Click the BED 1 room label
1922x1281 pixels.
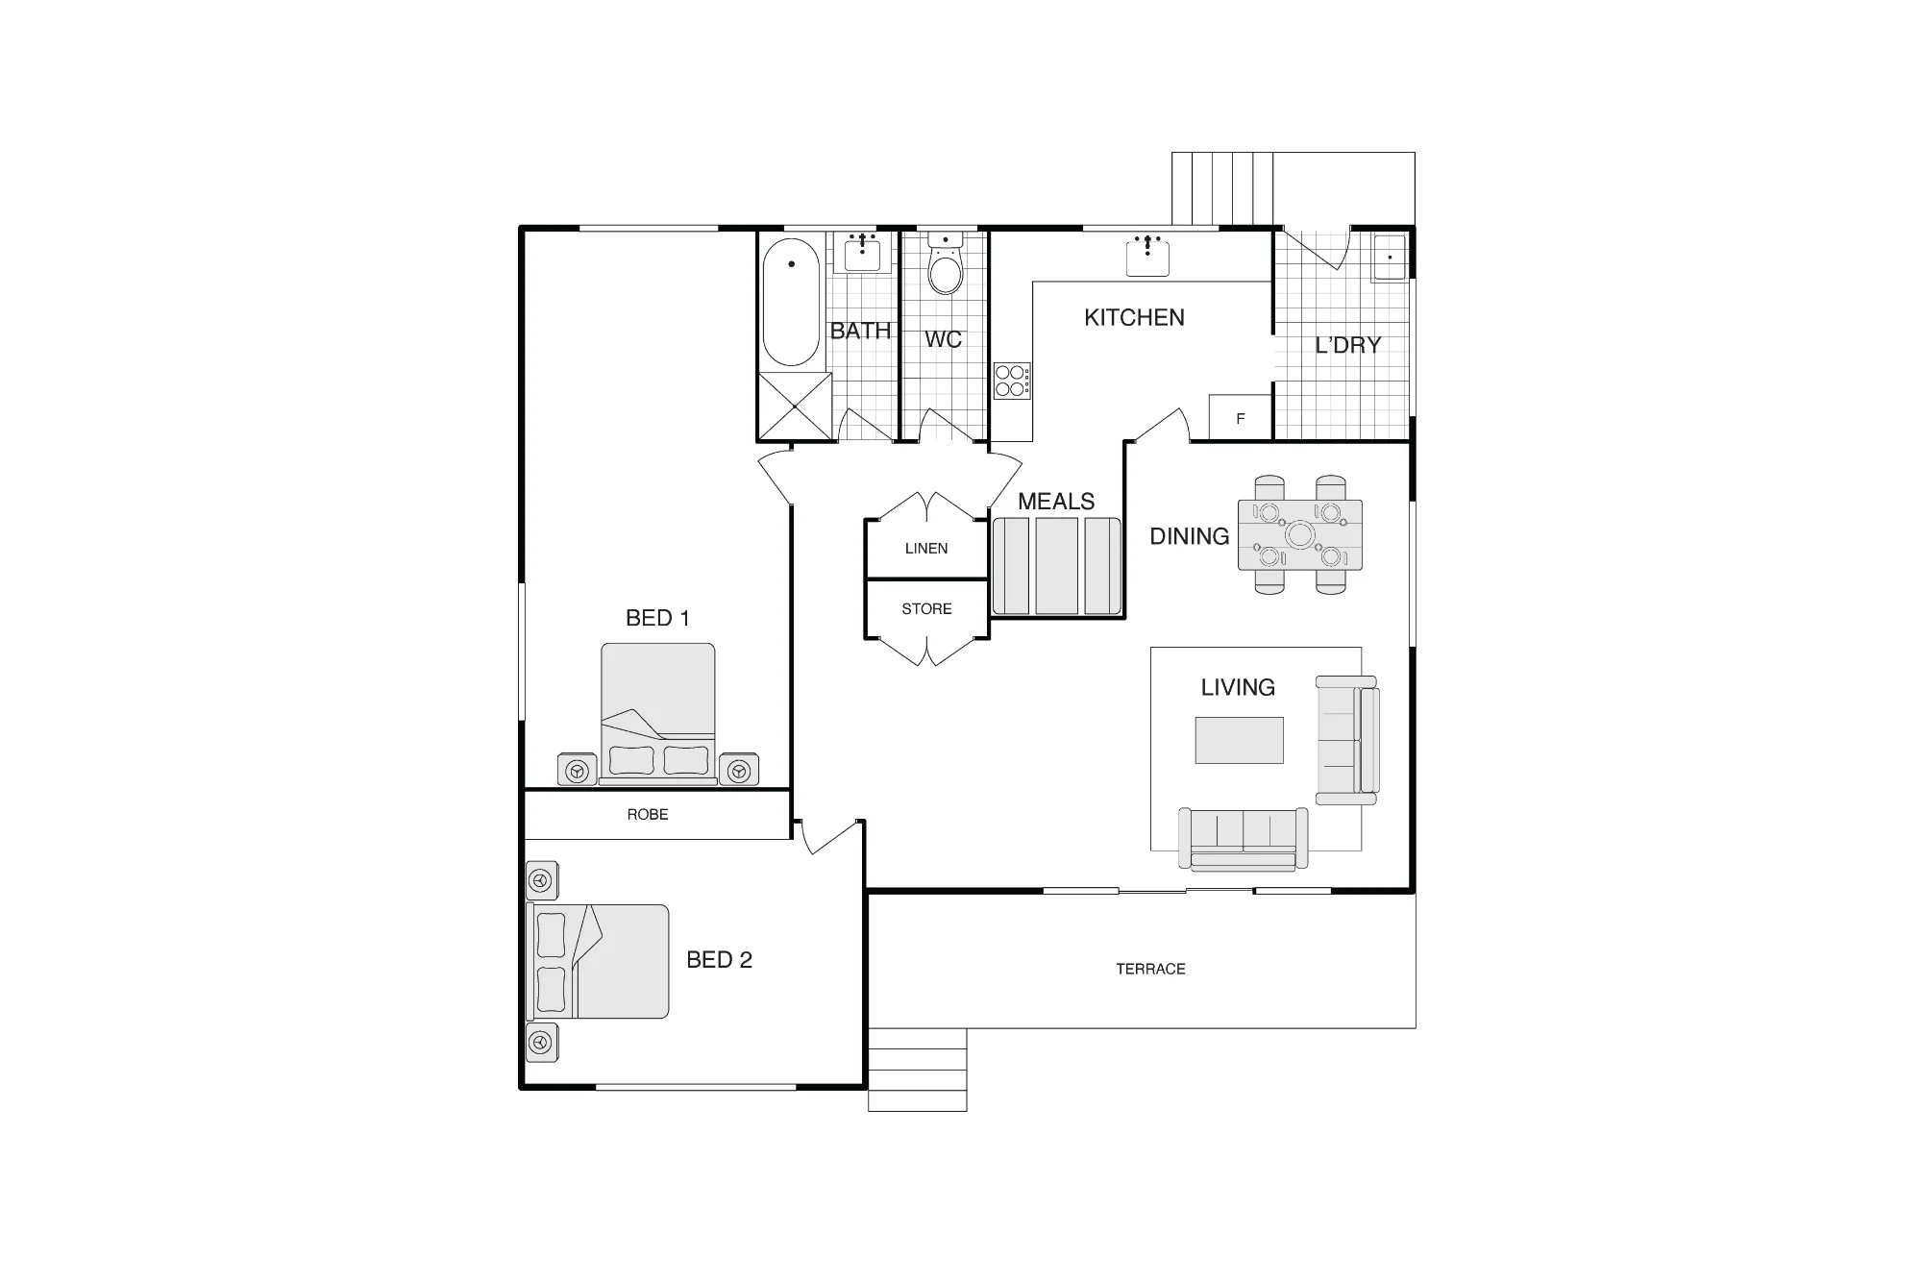click(657, 618)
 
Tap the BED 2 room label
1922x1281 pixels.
click(719, 960)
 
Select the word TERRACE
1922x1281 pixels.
click(1150, 969)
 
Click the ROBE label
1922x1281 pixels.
click(648, 815)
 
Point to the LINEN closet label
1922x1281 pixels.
click(926, 549)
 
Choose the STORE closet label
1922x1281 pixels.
click(926, 609)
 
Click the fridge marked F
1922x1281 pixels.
click(1241, 418)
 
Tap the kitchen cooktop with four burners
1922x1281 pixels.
click(1012, 380)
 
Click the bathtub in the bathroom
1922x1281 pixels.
click(792, 302)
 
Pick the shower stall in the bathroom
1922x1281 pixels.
click(796, 406)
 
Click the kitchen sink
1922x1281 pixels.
click(1147, 256)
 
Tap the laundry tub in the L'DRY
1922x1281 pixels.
click(1390, 257)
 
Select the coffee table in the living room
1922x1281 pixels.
click(1239, 740)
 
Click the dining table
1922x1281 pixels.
click(1300, 535)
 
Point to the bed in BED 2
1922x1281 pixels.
click(598, 961)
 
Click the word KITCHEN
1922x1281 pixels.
click(1134, 318)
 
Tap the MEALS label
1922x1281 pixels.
click(1056, 502)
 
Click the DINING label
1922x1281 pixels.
click(1190, 536)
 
